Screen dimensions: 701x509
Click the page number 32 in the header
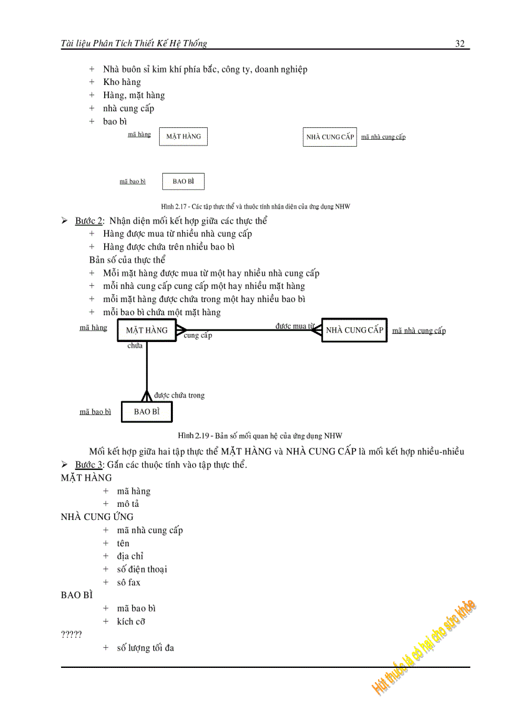[x=460, y=43]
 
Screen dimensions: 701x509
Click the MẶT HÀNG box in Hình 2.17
[x=183, y=136]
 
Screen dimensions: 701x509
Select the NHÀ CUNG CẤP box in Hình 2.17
[x=330, y=137]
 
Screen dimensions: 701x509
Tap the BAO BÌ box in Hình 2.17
[x=183, y=181]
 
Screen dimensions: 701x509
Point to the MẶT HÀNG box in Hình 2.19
[x=147, y=330]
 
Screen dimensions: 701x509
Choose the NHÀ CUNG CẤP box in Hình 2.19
[x=354, y=330]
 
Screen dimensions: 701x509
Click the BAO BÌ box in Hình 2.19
[x=146, y=412]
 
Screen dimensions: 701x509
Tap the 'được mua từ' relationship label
[x=295, y=325]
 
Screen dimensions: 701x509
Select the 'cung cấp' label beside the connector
[x=198, y=336]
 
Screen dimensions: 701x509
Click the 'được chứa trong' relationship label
[x=179, y=395]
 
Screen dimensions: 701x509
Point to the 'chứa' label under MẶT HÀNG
[x=135, y=345]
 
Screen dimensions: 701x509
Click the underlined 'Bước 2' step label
[x=89, y=221]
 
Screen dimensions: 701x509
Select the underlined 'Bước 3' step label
[x=89, y=465]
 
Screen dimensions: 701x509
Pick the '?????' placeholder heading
[x=71, y=634]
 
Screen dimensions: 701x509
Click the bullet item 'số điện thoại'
[x=142, y=569]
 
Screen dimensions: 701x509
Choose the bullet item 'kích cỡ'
[x=131, y=621]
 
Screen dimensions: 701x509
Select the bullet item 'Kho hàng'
[x=122, y=82]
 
